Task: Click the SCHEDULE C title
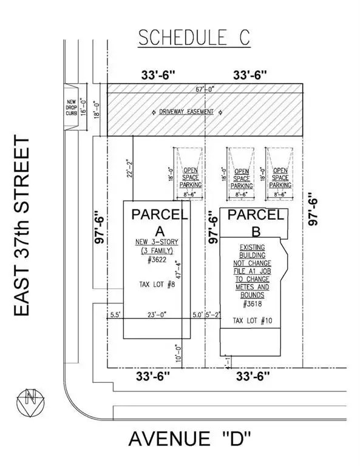[194, 38]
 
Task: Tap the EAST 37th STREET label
[21, 226]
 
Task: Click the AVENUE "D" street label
[189, 439]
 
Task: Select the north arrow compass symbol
[30, 402]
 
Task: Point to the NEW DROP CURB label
[72, 107]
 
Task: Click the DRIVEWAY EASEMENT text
[186, 112]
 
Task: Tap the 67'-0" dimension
[205, 89]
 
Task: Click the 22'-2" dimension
[129, 168]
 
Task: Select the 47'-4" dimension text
[178, 269]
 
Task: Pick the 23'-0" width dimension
[157, 314]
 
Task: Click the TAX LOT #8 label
[157, 285]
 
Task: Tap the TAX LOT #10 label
[253, 320]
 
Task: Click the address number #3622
[157, 260]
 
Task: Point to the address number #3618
[253, 304]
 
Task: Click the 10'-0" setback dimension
[178, 353]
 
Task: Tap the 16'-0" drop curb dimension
[84, 107]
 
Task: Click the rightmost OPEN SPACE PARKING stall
[280, 174]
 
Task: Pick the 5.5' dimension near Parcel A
[115, 314]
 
